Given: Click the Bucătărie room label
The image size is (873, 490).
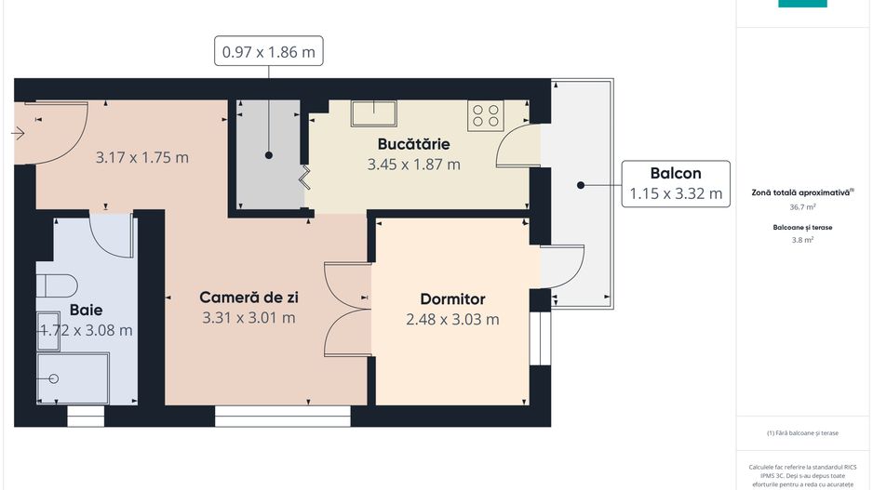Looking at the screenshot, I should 414,144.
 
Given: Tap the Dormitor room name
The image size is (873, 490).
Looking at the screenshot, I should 452,299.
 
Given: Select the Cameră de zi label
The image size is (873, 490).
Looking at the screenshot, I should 248,298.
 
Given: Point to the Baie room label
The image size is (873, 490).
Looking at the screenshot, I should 86,310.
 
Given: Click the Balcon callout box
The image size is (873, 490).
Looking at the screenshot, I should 676,183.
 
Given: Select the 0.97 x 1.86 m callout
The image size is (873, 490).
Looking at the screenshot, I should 270,52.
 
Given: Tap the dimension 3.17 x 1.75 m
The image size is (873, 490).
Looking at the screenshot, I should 142,157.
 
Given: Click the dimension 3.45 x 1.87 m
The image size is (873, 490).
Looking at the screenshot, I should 414,165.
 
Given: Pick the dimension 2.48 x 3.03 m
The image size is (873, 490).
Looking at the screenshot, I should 452,319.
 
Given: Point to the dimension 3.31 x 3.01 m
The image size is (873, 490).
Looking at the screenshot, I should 248,317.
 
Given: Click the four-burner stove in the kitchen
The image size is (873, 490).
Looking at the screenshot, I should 485,115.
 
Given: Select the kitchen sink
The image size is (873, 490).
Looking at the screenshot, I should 374,113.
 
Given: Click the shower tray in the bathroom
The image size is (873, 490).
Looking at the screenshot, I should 72,378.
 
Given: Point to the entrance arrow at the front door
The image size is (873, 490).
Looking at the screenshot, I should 18,134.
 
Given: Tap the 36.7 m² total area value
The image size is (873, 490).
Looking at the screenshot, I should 802,207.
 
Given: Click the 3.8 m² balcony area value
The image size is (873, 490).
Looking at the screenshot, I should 802,240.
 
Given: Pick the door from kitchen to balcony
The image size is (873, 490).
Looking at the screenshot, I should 517,149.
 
